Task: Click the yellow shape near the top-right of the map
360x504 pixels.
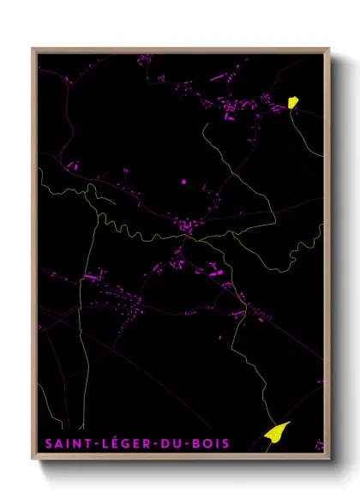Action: point(292,102)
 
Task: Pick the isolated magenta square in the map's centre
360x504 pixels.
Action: point(183,182)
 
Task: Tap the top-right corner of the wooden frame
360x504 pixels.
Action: point(329,48)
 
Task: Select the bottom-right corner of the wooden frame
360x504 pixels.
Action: point(329,459)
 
